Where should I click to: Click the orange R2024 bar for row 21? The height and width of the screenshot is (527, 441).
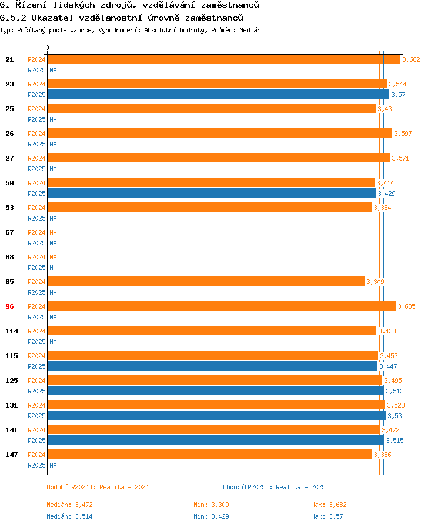pos(223,59)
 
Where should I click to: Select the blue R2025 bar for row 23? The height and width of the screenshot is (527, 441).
pos(218,94)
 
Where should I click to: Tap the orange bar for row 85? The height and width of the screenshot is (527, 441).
pos(206,281)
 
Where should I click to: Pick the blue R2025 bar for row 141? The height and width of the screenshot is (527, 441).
pos(215,440)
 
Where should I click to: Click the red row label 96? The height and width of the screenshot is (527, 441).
pos(9,306)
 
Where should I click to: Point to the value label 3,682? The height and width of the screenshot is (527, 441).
pos(411,59)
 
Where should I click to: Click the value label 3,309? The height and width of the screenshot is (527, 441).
pos(375,282)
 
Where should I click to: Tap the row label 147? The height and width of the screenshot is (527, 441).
pos(12,455)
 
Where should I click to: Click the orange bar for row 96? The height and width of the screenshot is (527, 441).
pos(221,306)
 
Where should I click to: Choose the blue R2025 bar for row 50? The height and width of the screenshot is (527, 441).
pos(212,193)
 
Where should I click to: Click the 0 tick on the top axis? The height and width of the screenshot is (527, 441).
pos(48,48)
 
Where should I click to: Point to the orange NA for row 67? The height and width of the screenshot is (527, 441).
pos(53,232)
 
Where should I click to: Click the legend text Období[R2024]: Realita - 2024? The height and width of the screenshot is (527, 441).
pos(98,487)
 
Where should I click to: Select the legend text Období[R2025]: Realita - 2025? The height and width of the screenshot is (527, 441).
pos(274,487)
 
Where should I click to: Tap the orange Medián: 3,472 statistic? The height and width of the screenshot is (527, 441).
pos(69,505)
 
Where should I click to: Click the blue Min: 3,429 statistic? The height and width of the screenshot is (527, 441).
pos(211,516)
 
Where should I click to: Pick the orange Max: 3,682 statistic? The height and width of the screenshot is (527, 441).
pos(330,505)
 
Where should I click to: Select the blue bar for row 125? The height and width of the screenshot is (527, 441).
pos(215,391)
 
